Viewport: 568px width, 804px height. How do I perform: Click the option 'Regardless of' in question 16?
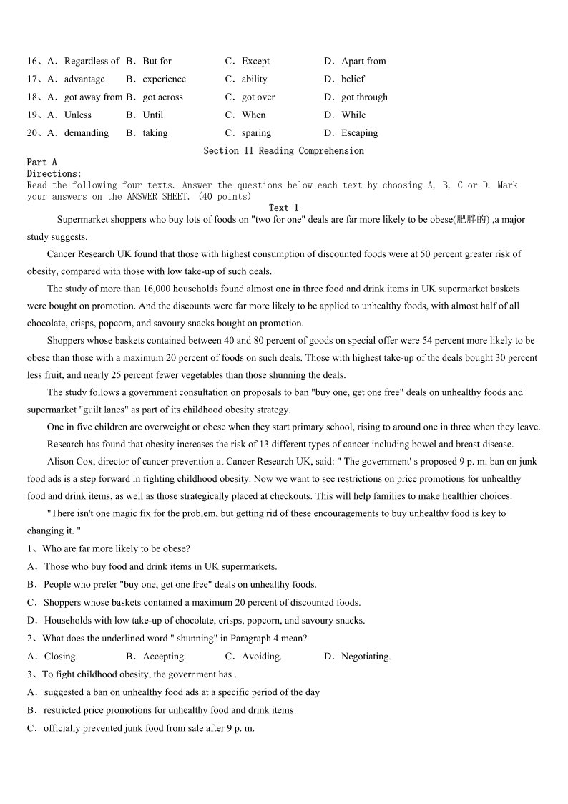[92, 62]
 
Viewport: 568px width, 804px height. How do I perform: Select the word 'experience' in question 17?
[164, 79]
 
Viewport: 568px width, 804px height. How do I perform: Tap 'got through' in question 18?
[364, 97]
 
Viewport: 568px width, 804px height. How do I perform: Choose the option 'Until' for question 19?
[152, 115]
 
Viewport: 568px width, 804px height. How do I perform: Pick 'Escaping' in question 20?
[359, 133]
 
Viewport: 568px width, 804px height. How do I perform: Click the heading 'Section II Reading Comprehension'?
[283, 151]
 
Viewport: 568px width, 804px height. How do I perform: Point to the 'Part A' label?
[41, 163]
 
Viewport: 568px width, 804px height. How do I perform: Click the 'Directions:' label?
[54, 174]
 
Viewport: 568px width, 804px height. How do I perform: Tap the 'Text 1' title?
[283, 208]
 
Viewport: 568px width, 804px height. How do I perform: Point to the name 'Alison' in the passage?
[62, 462]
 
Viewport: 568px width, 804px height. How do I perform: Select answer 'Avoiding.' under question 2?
[261, 657]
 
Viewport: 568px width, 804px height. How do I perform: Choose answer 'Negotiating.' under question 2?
[366, 657]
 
